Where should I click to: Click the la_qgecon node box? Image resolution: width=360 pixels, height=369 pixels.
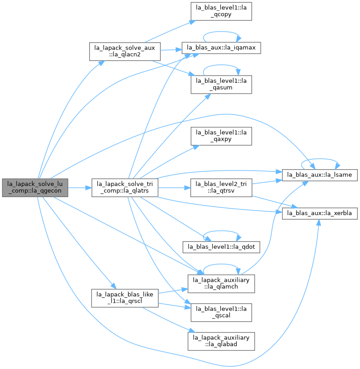coord(35,188)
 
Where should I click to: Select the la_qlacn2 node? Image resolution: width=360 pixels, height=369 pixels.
coord(125,52)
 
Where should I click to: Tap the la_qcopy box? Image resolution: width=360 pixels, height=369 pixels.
coord(221,11)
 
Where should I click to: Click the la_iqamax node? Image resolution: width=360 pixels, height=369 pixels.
coord(221,48)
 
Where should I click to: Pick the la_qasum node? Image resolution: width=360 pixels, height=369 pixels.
coord(221,85)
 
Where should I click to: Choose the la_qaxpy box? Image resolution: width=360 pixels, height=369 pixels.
coord(221,136)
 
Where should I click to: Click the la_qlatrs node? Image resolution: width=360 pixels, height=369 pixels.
coord(125,188)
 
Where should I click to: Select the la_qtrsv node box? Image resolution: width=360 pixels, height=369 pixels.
coord(221,188)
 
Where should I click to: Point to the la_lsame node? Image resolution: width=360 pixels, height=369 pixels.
coord(320,175)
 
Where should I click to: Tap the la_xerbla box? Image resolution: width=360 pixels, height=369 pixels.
coord(320,213)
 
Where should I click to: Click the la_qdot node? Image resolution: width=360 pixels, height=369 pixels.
coord(221,247)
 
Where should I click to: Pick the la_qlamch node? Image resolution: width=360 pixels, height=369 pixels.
coord(221,284)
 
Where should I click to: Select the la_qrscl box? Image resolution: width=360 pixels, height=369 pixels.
coord(125,298)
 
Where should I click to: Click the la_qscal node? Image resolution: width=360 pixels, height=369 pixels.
coord(221,312)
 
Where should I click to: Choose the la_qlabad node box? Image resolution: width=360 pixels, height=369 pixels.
coord(221,341)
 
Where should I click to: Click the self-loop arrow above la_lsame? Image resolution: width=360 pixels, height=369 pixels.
coord(320,159)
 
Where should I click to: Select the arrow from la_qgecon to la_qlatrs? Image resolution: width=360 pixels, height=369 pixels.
coord(80,188)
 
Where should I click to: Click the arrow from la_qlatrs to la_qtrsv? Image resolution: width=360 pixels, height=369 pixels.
coord(174,188)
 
